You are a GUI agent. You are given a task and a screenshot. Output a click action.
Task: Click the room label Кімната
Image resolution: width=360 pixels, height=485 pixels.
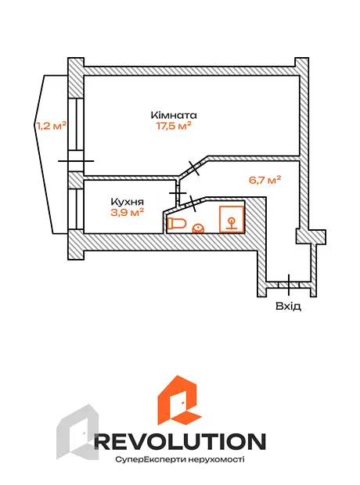tap(174, 115)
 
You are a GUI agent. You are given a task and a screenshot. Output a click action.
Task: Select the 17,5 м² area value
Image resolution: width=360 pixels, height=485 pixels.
tap(174, 126)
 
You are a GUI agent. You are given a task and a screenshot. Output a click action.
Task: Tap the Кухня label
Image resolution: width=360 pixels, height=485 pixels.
tap(128, 202)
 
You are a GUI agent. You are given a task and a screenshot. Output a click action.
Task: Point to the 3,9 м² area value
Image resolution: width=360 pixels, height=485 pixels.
tap(128, 213)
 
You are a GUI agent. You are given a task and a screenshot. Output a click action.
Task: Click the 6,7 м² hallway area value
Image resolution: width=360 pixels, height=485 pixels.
tap(265, 180)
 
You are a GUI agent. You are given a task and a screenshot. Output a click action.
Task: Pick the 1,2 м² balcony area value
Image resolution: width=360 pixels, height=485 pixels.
tap(52, 126)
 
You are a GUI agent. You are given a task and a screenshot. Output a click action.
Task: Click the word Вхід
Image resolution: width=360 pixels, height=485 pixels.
tap(288, 306)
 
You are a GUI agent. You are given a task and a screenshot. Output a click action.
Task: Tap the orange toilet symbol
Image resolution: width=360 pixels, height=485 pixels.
tap(177, 223)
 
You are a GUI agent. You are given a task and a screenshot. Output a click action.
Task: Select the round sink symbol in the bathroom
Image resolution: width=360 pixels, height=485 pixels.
tap(198, 228)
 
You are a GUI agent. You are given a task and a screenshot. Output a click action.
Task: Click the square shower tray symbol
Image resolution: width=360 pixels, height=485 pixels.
tap(232, 219)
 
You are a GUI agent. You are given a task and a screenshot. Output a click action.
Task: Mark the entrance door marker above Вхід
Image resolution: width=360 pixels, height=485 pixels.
tap(289, 285)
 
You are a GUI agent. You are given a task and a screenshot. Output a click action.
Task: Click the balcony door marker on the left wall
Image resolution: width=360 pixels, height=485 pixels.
tap(76, 161)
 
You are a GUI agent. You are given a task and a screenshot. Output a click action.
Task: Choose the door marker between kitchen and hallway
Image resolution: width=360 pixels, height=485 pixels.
tap(178, 193)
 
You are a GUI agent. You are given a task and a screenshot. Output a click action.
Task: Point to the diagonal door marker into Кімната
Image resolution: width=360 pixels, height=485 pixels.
tap(194, 168)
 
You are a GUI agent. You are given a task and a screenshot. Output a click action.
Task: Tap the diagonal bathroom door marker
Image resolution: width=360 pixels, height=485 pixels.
tap(193, 203)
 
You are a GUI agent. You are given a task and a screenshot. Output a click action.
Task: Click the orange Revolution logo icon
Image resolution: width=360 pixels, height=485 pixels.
tap(179, 400)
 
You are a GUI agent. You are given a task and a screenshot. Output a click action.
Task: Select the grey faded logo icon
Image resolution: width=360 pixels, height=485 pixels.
tap(77, 432)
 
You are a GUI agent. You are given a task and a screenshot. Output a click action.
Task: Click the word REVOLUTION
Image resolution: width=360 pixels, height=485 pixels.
tap(180, 441)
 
